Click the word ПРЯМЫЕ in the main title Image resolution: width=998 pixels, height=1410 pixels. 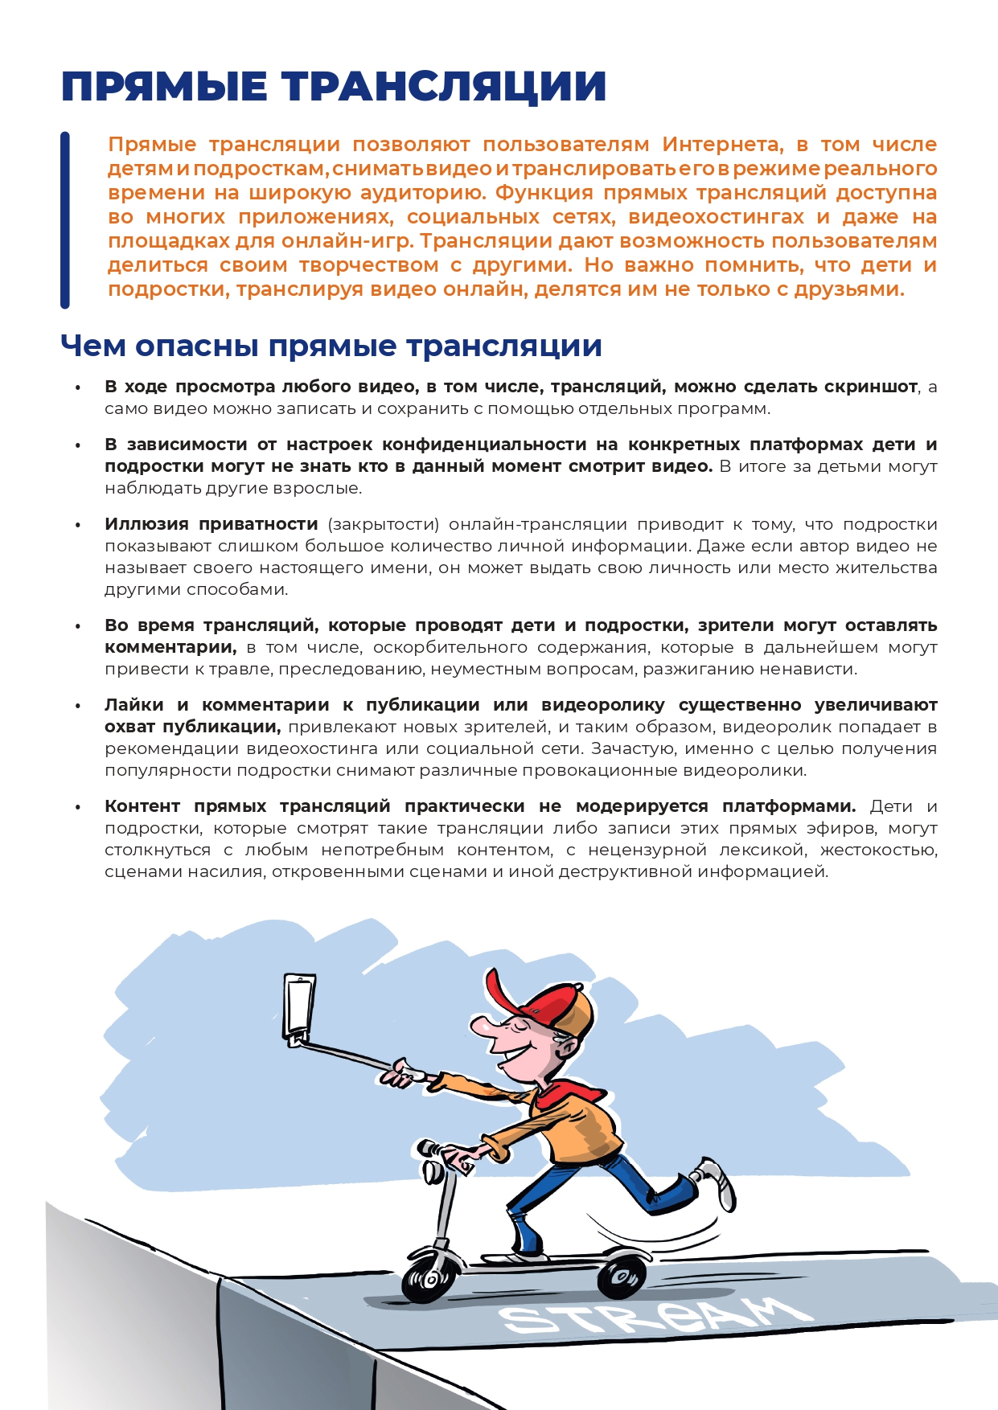[x=165, y=87]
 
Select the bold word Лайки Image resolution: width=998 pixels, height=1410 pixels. [x=133, y=705]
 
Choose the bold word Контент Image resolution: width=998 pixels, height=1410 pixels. [x=142, y=806]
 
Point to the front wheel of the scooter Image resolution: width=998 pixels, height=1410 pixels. [x=429, y=1274]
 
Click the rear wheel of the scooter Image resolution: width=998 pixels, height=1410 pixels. [x=622, y=1275]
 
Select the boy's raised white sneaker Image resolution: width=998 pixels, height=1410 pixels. [x=717, y=1182]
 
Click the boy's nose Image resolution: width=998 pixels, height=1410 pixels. [x=481, y=1027]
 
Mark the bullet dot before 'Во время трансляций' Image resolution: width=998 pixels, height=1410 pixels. [x=78, y=626]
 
